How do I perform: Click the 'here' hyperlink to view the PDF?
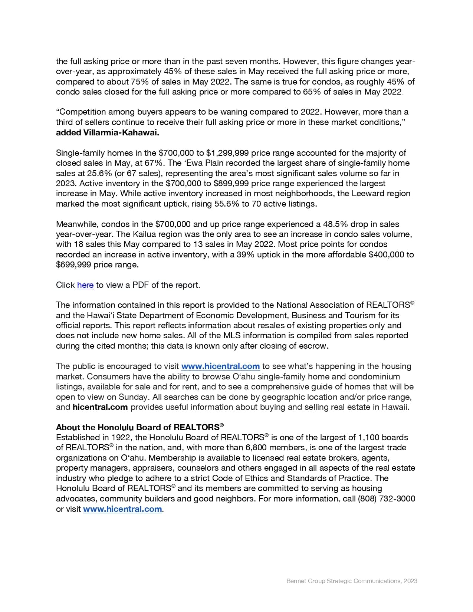pyautogui.click(x=85, y=285)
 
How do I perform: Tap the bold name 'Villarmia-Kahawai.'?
pyautogui.click(x=108, y=132)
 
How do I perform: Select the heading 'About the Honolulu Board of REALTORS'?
pyautogui.click(x=139, y=427)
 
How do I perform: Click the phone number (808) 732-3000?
pyautogui.click(x=386, y=499)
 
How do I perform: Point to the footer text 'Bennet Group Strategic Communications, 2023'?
pyautogui.click(x=352, y=581)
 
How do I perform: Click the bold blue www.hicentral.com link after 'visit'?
pyautogui.click(x=220, y=366)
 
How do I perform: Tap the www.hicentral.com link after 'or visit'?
pyautogui.click(x=122, y=509)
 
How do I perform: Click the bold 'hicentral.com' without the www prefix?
pyautogui.click(x=100, y=407)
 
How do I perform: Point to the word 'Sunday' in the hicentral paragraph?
pyautogui.click(x=132, y=397)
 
